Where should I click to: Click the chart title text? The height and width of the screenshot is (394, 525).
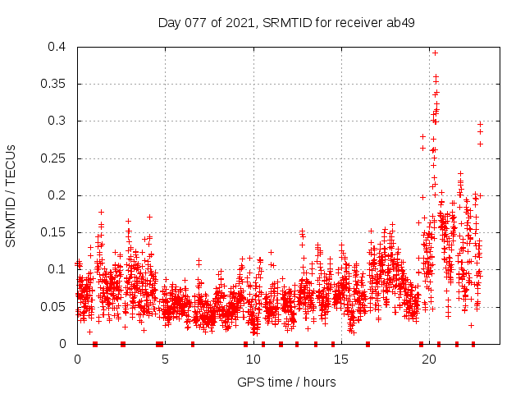coord(286,22)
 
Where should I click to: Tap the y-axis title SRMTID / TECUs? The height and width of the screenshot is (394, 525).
coord(11,195)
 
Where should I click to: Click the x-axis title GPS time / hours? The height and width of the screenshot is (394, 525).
coord(286,382)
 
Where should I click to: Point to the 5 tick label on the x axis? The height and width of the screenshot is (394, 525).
coord(165,359)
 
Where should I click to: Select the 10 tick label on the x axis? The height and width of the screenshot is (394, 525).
coord(253,359)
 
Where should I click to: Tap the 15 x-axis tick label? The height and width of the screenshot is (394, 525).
coord(340,359)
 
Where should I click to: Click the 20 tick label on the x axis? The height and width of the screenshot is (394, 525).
coord(428,359)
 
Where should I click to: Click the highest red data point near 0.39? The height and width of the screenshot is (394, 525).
coord(435,53)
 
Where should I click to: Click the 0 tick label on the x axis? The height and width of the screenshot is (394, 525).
coord(77,359)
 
